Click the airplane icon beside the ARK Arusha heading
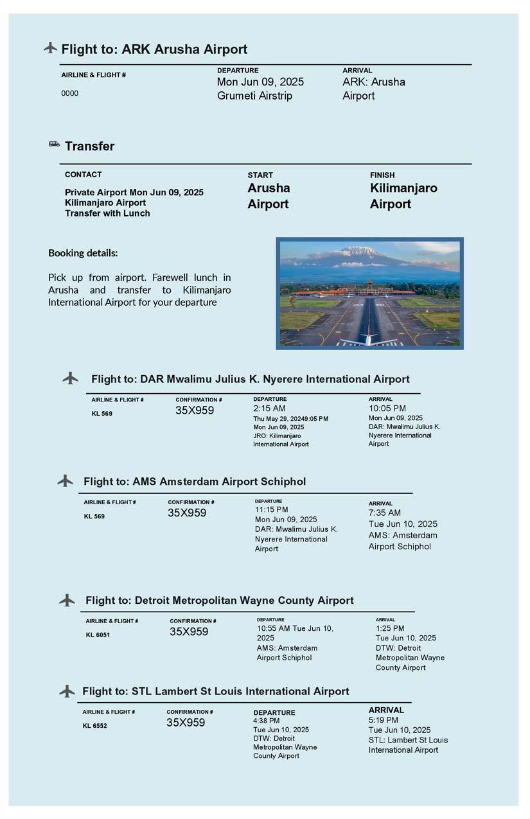click(x=50, y=48)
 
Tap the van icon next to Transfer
click(x=55, y=145)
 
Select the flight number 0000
click(x=69, y=94)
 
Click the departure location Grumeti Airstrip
click(x=254, y=96)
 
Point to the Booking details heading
click(x=83, y=253)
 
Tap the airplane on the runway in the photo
click(x=368, y=339)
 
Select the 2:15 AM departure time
click(x=269, y=409)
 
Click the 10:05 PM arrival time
click(x=387, y=409)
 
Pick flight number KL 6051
click(x=99, y=635)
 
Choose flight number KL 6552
click(x=94, y=726)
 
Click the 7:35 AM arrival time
click(x=384, y=513)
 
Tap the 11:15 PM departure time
click(x=271, y=509)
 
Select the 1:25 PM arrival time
click(x=390, y=628)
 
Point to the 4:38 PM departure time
click(x=266, y=721)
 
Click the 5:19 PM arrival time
click(x=383, y=720)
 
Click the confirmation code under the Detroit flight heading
click(x=189, y=632)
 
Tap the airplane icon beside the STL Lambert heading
click(x=67, y=691)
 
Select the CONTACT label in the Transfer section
click(x=83, y=175)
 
